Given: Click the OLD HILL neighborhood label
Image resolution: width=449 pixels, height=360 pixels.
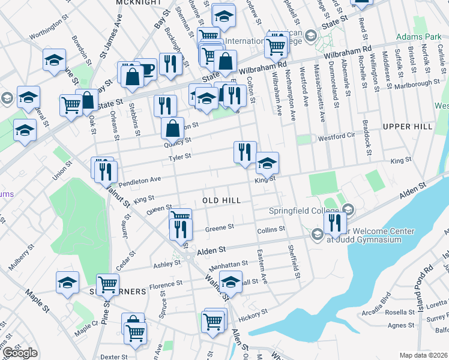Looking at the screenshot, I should (221, 200).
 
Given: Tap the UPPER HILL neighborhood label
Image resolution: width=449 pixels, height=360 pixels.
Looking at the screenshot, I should (406, 127).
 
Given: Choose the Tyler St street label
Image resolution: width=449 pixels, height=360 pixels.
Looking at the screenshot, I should (179, 157).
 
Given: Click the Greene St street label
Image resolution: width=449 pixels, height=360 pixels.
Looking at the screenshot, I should (219, 228).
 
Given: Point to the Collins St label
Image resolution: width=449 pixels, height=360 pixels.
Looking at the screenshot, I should (271, 230).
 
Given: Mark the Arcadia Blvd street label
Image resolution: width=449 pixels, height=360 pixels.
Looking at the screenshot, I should (376, 304).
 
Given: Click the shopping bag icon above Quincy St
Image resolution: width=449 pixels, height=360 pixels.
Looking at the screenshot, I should (173, 127).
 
